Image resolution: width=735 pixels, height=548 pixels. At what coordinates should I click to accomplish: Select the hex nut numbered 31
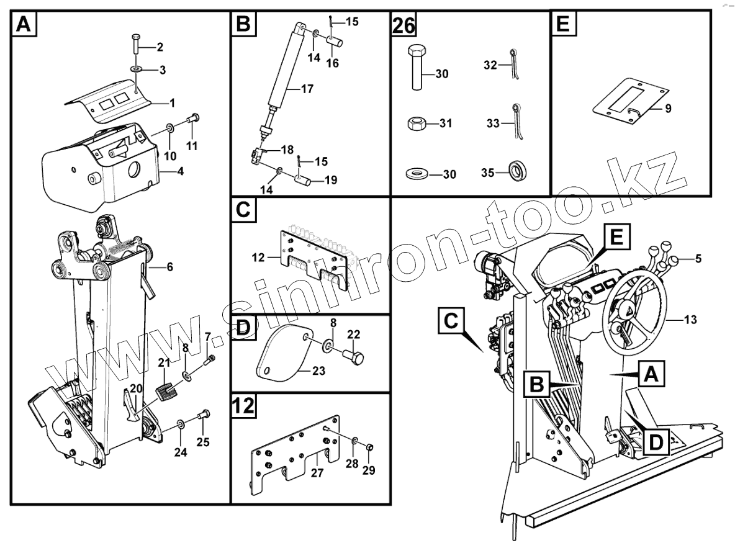pos(416,124)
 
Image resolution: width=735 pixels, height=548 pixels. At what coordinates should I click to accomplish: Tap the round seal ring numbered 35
pos(517,172)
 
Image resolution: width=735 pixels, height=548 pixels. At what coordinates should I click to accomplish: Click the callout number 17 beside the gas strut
pos(307,89)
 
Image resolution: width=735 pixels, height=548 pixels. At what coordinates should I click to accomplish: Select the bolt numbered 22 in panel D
pos(354,358)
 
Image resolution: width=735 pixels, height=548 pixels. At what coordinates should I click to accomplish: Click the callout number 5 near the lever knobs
pos(698,258)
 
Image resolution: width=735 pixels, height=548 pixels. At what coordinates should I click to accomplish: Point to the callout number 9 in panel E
pos(667,109)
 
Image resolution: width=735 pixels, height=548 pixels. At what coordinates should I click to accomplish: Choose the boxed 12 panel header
pos(245,407)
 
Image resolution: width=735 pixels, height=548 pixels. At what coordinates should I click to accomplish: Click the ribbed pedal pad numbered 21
pos(166,393)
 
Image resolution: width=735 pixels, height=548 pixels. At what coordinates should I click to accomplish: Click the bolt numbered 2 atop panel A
pos(137,45)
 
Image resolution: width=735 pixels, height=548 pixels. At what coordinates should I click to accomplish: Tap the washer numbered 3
pos(135,68)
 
